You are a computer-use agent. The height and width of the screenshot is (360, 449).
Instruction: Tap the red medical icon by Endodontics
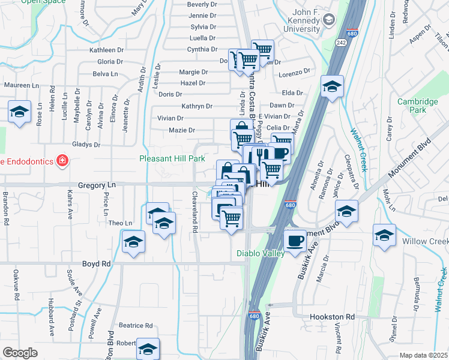(61, 160)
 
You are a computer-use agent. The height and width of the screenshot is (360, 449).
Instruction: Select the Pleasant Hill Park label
(172, 159)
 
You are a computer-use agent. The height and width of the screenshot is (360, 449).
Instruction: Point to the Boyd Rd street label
(97, 264)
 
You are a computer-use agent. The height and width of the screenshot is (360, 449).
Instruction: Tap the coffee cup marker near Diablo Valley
(294, 242)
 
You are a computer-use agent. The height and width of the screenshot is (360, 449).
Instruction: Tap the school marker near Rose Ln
(20, 112)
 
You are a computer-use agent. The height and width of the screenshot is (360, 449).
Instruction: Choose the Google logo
(20, 353)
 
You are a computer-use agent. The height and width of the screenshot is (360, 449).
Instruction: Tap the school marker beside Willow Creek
(384, 235)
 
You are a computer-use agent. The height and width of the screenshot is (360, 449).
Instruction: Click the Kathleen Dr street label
(106, 50)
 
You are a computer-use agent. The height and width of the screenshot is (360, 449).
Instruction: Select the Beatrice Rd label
(135, 326)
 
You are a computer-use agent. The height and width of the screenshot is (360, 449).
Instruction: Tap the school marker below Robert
(148, 349)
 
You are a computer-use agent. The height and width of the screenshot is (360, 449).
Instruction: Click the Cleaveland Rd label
(194, 212)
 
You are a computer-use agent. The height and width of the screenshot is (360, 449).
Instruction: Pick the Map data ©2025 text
(424, 355)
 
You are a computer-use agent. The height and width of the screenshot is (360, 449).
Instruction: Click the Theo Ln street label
(120, 223)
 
